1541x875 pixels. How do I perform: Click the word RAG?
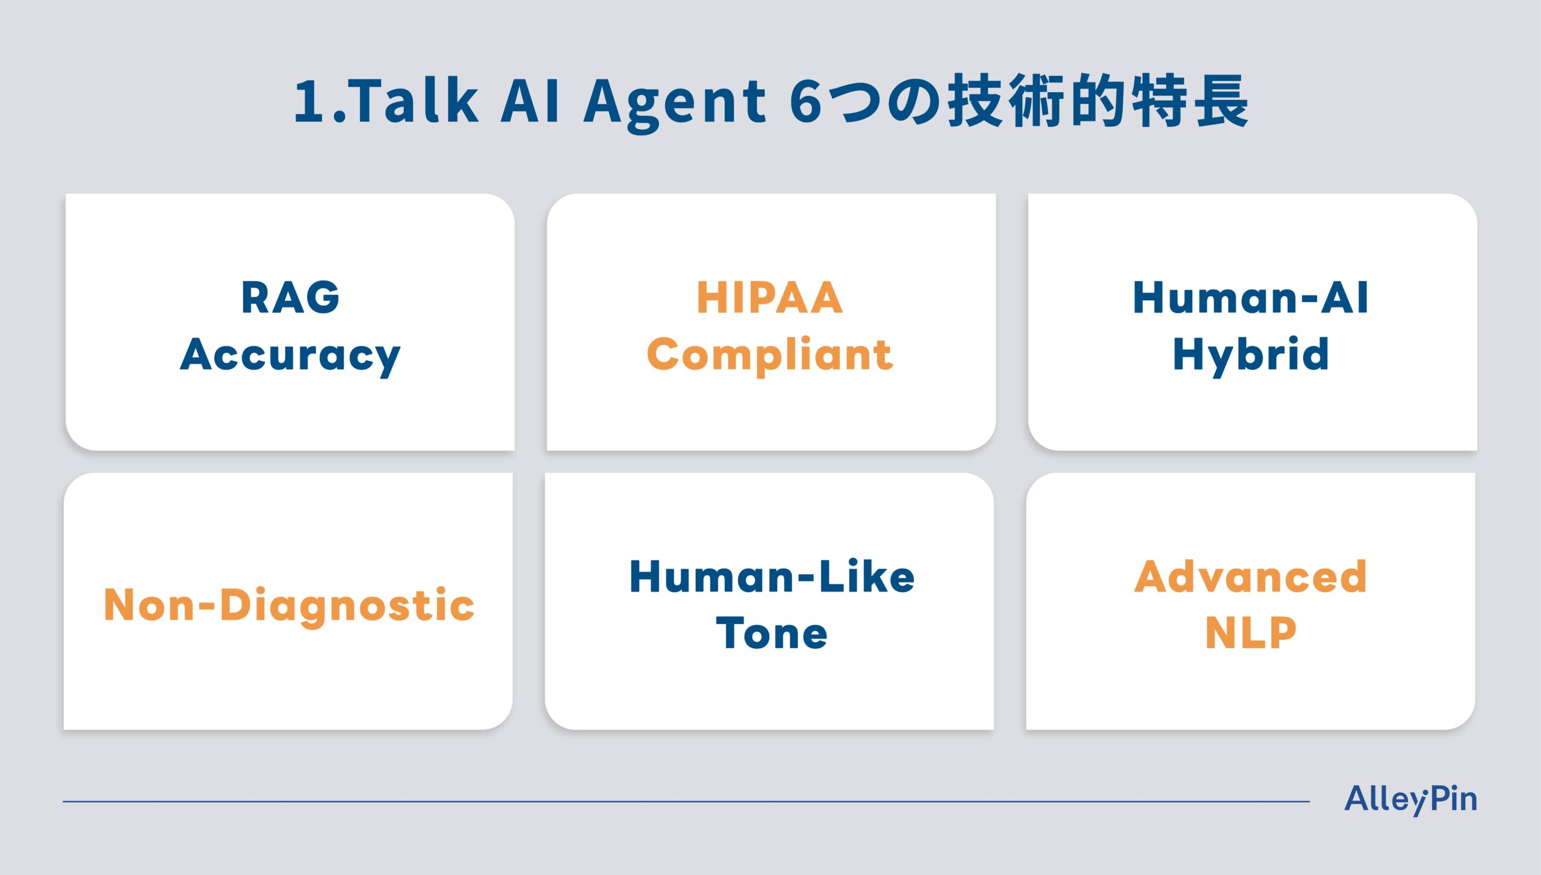click(x=290, y=297)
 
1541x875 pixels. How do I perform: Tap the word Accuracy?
click(x=290, y=356)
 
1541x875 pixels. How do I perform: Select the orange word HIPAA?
click(x=770, y=297)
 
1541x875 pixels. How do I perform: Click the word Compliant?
click(x=770, y=355)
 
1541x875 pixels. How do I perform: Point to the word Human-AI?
click(x=1251, y=297)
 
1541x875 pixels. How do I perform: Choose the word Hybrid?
click(x=1251, y=355)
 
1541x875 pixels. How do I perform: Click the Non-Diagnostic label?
click(x=289, y=605)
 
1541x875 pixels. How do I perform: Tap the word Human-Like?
click(x=772, y=577)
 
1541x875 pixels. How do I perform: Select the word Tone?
click(x=772, y=633)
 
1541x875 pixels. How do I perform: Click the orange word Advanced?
click(x=1251, y=577)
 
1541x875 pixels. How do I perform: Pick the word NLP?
click(x=1251, y=633)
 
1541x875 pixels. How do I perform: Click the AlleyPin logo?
click(x=1410, y=800)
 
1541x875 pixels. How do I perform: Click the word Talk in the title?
click(x=414, y=100)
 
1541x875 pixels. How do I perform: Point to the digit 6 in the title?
click(x=805, y=101)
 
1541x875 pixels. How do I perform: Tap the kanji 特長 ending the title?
click(x=1190, y=100)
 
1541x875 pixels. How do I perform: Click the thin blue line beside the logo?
click(x=686, y=802)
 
